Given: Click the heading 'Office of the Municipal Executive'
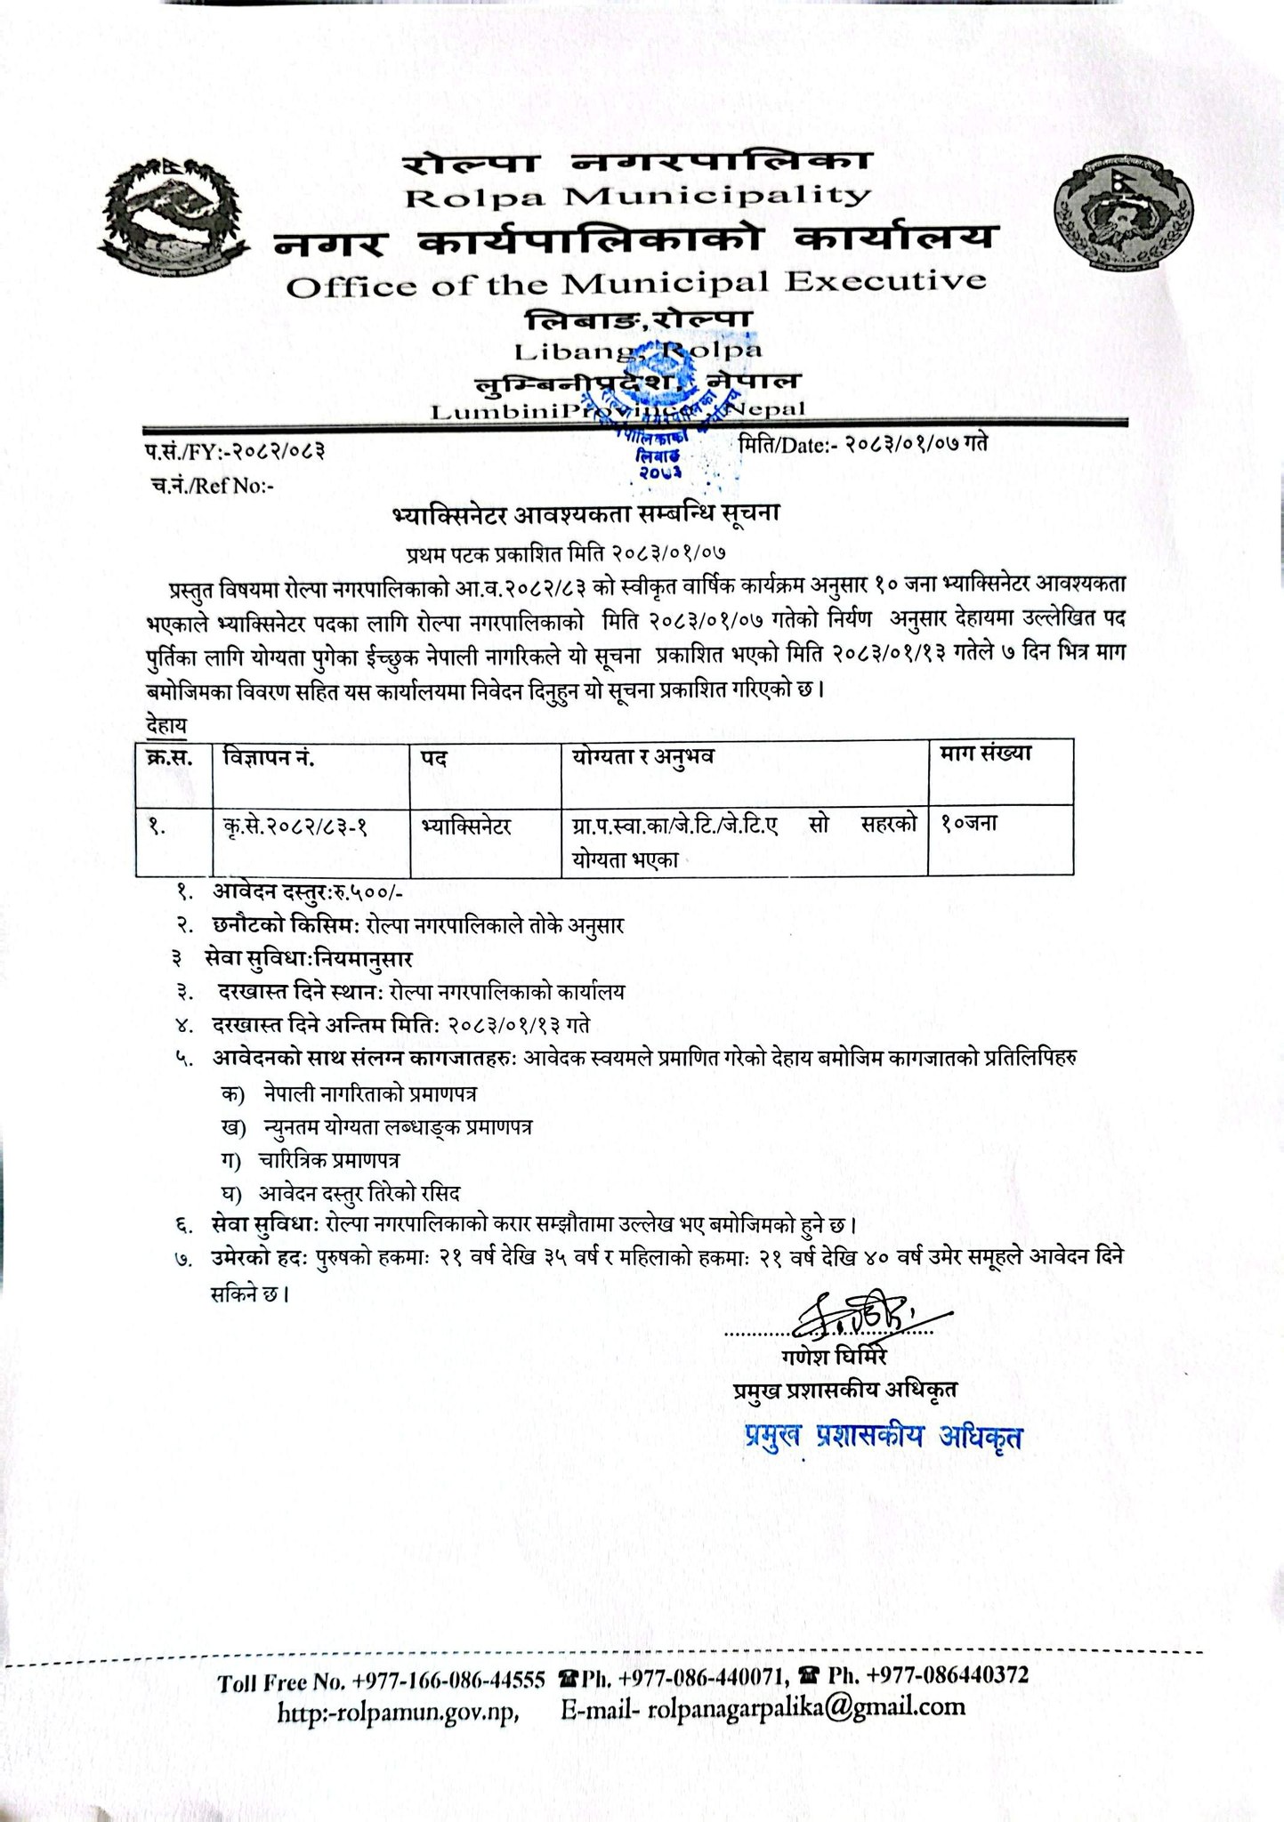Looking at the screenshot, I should point(637,283).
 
